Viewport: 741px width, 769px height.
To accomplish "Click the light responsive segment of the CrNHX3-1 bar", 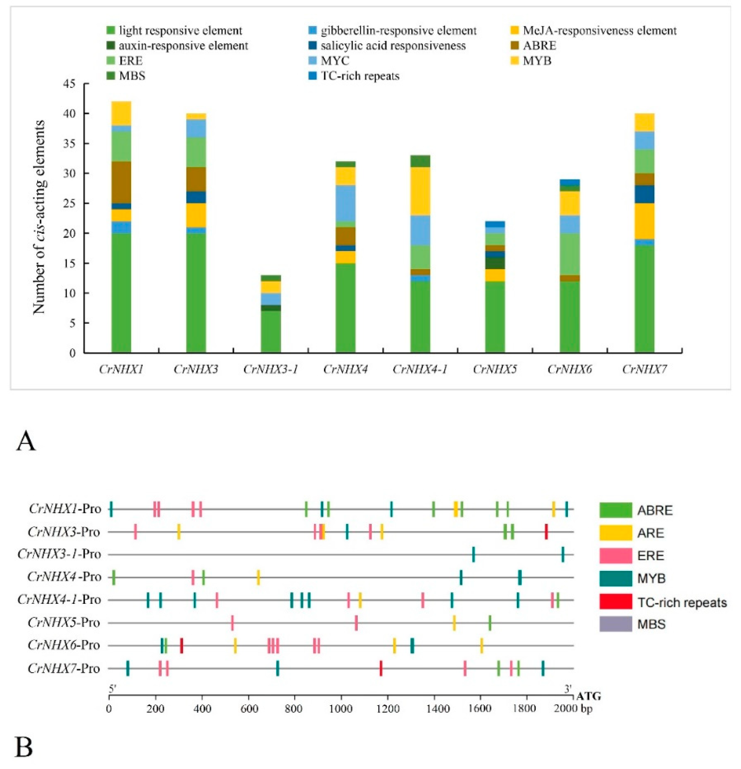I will pos(271,332).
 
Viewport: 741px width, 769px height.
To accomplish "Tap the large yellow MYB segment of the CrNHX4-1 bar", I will pos(420,191).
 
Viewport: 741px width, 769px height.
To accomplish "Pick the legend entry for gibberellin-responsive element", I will pos(398,31).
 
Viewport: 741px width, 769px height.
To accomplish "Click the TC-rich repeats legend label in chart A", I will pos(360,76).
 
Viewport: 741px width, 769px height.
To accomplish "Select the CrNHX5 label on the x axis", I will pos(494,369).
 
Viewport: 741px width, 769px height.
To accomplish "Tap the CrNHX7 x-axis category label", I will pos(644,369).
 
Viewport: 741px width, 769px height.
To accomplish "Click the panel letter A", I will pos(26,441).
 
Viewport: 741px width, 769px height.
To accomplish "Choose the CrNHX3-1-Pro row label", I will pos(59,554).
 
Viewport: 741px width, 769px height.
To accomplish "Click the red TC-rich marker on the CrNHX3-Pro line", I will pos(546,532).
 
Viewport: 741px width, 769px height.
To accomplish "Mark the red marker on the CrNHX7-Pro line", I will pos(381,668).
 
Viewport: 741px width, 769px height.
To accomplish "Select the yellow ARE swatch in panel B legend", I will pos(615,533).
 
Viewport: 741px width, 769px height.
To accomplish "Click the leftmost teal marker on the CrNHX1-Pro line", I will pos(111,509).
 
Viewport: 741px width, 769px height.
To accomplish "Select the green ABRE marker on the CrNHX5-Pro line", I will pos(489,623).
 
